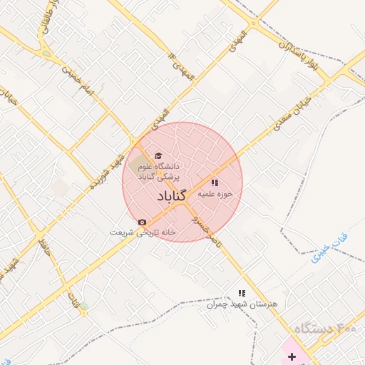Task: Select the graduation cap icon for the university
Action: pyautogui.click(x=158, y=156)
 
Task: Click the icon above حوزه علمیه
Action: pyautogui.click(x=215, y=182)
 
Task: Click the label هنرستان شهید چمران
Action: pyautogui.click(x=250, y=304)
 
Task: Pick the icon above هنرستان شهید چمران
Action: pyautogui.click(x=242, y=293)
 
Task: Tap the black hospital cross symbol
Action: pyautogui.click(x=292, y=356)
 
